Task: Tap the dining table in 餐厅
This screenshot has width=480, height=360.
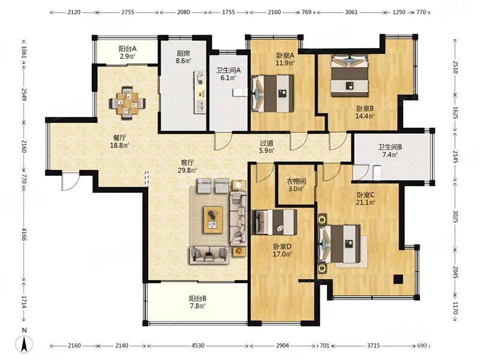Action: (x=127, y=103)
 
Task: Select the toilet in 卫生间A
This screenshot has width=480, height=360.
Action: (x=240, y=92)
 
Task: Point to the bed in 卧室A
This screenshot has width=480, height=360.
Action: (x=272, y=94)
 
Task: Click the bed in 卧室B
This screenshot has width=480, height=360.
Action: (x=349, y=76)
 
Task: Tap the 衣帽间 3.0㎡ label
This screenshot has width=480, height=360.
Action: (x=296, y=185)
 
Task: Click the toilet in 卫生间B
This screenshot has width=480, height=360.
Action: (x=377, y=172)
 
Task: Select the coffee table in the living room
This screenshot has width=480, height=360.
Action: (x=214, y=220)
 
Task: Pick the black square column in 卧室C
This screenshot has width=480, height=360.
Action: (x=398, y=279)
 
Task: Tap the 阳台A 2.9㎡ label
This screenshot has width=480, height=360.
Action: (x=127, y=52)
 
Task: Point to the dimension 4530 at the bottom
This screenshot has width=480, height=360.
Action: (x=198, y=346)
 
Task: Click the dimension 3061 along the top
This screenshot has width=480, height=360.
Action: (x=351, y=12)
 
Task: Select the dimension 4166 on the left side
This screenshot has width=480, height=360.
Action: (x=24, y=233)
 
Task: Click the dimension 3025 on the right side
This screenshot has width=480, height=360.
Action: (x=455, y=217)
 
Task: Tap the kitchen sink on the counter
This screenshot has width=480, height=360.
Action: (x=201, y=107)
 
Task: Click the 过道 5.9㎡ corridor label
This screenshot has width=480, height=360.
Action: (x=266, y=146)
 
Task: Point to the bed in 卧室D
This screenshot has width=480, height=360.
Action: (x=275, y=222)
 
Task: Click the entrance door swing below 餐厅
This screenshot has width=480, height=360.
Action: (x=70, y=181)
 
